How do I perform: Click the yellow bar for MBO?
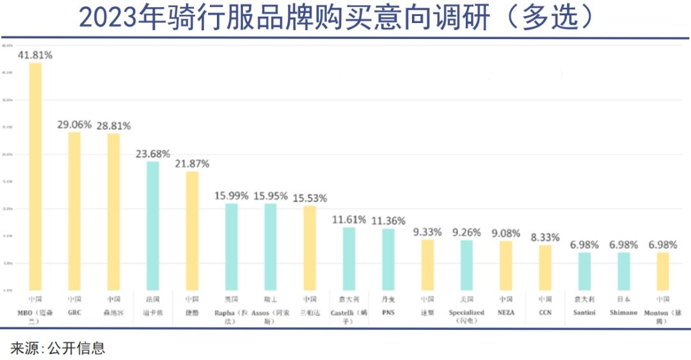(x=35, y=176)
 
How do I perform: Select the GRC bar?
(x=74, y=211)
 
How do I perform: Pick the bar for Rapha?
(x=231, y=246)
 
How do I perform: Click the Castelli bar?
(x=349, y=258)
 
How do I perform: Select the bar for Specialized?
(x=466, y=265)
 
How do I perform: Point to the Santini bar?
(x=584, y=271)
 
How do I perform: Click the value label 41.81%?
(x=35, y=55)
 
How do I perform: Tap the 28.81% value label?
(x=114, y=125)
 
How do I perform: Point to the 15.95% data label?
(x=270, y=196)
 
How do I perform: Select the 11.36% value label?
(x=388, y=221)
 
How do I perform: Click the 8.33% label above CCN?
(x=545, y=237)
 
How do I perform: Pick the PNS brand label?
(x=388, y=313)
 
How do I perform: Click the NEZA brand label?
(x=505, y=313)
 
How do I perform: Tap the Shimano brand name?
(x=623, y=313)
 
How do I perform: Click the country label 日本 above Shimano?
(x=623, y=299)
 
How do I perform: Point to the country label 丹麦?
(x=388, y=299)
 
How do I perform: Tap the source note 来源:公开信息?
(x=58, y=348)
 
